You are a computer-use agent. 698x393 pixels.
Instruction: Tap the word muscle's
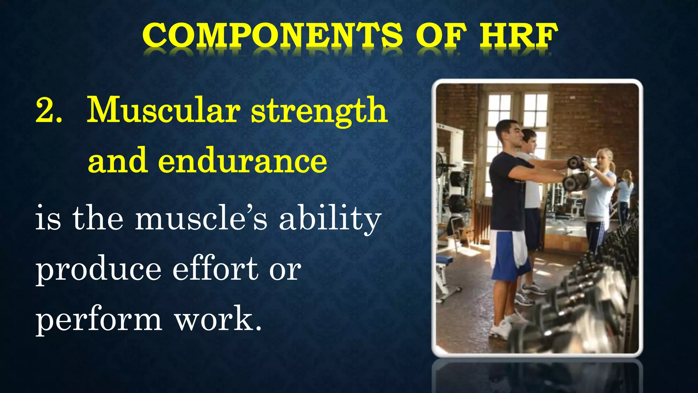(201, 218)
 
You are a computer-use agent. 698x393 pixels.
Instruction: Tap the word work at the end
(218, 319)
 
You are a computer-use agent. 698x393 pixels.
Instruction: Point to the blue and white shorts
(510, 254)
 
